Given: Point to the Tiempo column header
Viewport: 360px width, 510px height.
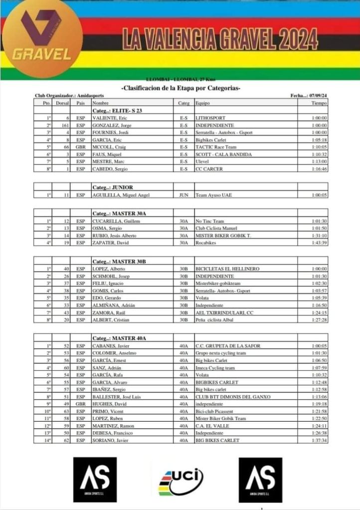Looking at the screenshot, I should pos(319,103).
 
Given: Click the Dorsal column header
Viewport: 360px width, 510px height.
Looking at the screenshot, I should pos(62,103).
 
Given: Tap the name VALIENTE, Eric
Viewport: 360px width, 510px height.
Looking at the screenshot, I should pos(109,118).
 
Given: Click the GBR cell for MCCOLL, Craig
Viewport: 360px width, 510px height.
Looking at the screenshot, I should pos(81,147).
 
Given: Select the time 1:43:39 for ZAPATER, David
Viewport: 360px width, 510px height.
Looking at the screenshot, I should pos(319,243).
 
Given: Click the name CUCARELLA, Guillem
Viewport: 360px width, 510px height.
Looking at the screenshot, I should pos(116,221).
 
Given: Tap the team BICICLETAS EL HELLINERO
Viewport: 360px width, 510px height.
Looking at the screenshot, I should pos(227,269).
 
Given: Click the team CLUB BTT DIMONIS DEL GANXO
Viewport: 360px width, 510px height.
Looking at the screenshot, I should pos(233,397).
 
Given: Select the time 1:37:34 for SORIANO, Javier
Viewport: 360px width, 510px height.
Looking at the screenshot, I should pos(319,440).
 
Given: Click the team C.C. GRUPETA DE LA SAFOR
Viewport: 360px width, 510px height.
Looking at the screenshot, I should pos(227,345).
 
